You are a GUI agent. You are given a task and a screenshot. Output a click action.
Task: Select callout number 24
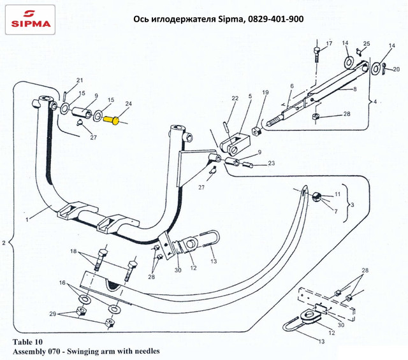pyautogui.click(x=128, y=104)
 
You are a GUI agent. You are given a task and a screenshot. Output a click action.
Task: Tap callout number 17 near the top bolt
pyautogui.click(x=329, y=43)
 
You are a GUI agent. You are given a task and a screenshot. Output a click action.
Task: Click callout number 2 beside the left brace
pyautogui.click(x=4, y=243)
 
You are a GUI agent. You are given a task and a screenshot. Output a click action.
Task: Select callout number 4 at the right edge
pyautogui.click(x=383, y=101)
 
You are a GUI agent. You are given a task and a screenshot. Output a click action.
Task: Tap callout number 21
pyautogui.click(x=80, y=80)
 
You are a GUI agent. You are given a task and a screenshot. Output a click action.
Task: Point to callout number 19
pyautogui.click(x=265, y=92)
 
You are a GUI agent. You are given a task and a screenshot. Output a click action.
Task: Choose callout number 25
pyautogui.click(x=366, y=43)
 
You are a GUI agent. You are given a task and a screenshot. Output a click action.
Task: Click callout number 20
pyautogui.click(x=396, y=69)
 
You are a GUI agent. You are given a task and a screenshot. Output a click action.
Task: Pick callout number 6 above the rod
pyautogui.click(x=291, y=86)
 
